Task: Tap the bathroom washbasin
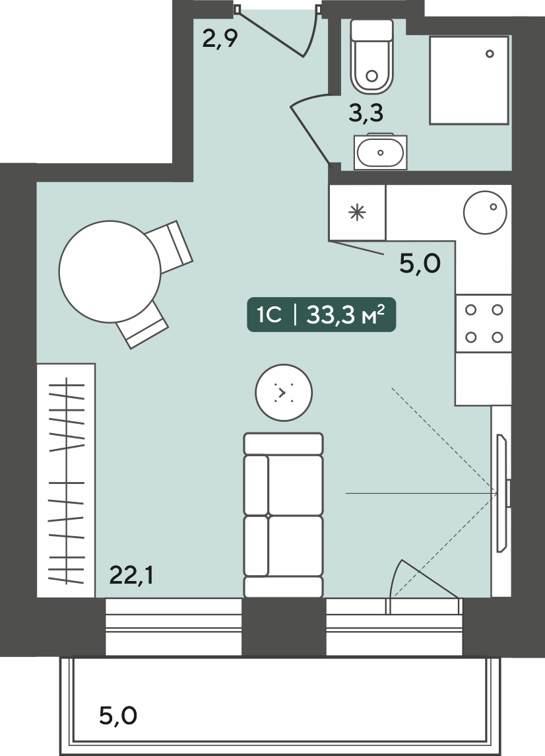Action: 380,152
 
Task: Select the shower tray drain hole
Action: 490,54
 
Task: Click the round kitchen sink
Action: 485,212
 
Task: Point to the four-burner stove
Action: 484,324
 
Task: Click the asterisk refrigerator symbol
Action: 357,213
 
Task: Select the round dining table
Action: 110,271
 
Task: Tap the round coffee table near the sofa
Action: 284,392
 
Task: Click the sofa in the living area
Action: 283,515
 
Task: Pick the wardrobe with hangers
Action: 66,480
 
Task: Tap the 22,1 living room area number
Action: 131,574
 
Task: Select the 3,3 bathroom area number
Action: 366,114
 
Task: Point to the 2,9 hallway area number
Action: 220,38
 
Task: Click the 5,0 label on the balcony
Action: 118,715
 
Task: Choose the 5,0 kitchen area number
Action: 420,263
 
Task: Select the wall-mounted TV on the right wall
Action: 503,493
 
